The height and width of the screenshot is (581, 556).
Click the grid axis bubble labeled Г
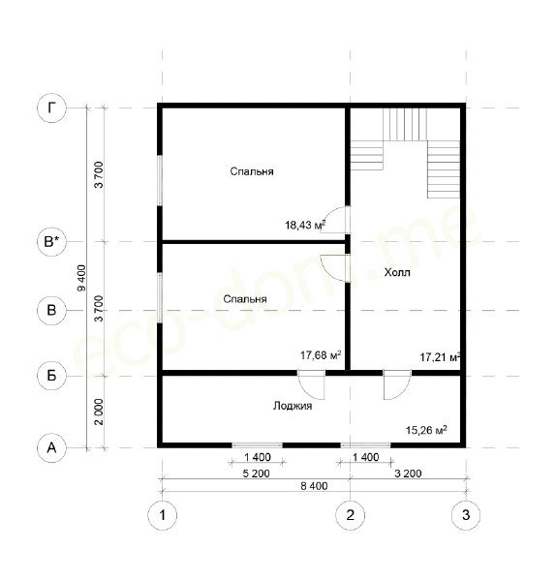52,108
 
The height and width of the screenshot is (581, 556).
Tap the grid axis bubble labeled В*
52,242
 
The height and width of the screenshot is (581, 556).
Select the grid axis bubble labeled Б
52,376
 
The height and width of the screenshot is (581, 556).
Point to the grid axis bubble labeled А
52,447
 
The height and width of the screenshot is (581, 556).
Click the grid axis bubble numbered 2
351,515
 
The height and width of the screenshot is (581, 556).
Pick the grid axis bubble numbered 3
466,515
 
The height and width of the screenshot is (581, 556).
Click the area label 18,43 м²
305,225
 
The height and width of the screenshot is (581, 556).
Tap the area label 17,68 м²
321,355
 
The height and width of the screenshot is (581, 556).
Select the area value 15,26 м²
426,430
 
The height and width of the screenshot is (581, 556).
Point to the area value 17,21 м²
440,357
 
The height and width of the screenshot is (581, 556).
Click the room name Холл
397,273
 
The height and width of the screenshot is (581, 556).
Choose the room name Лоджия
293,406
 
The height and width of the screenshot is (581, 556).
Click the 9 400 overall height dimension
81,278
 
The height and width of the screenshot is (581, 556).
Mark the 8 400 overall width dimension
314,486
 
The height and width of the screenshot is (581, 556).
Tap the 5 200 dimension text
256,474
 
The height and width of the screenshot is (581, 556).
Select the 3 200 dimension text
408,474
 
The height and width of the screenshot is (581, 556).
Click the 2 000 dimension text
99,412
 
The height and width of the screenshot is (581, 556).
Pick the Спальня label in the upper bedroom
252,171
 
